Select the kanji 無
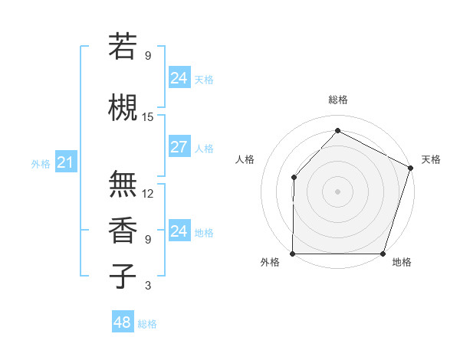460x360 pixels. coord(123,184)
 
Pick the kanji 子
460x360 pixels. coord(123,276)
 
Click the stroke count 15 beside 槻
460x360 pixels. coord(148,117)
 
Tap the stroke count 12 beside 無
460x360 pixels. coord(148,194)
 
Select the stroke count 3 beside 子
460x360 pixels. coord(148,286)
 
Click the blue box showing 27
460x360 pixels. coord(179,147)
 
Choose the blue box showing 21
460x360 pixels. coord(65,162)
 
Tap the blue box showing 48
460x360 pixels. coord(122,322)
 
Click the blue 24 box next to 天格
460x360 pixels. coord(179,78)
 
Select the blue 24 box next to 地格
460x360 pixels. coord(179,231)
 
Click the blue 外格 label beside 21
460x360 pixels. coord(41,163)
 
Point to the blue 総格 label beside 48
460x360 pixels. coord(147,324)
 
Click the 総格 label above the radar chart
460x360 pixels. coord(337,100)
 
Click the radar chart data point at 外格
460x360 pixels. coord(293,254)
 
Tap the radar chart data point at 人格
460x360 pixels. coord(294,178)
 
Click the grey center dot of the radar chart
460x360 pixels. coord(337,191)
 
